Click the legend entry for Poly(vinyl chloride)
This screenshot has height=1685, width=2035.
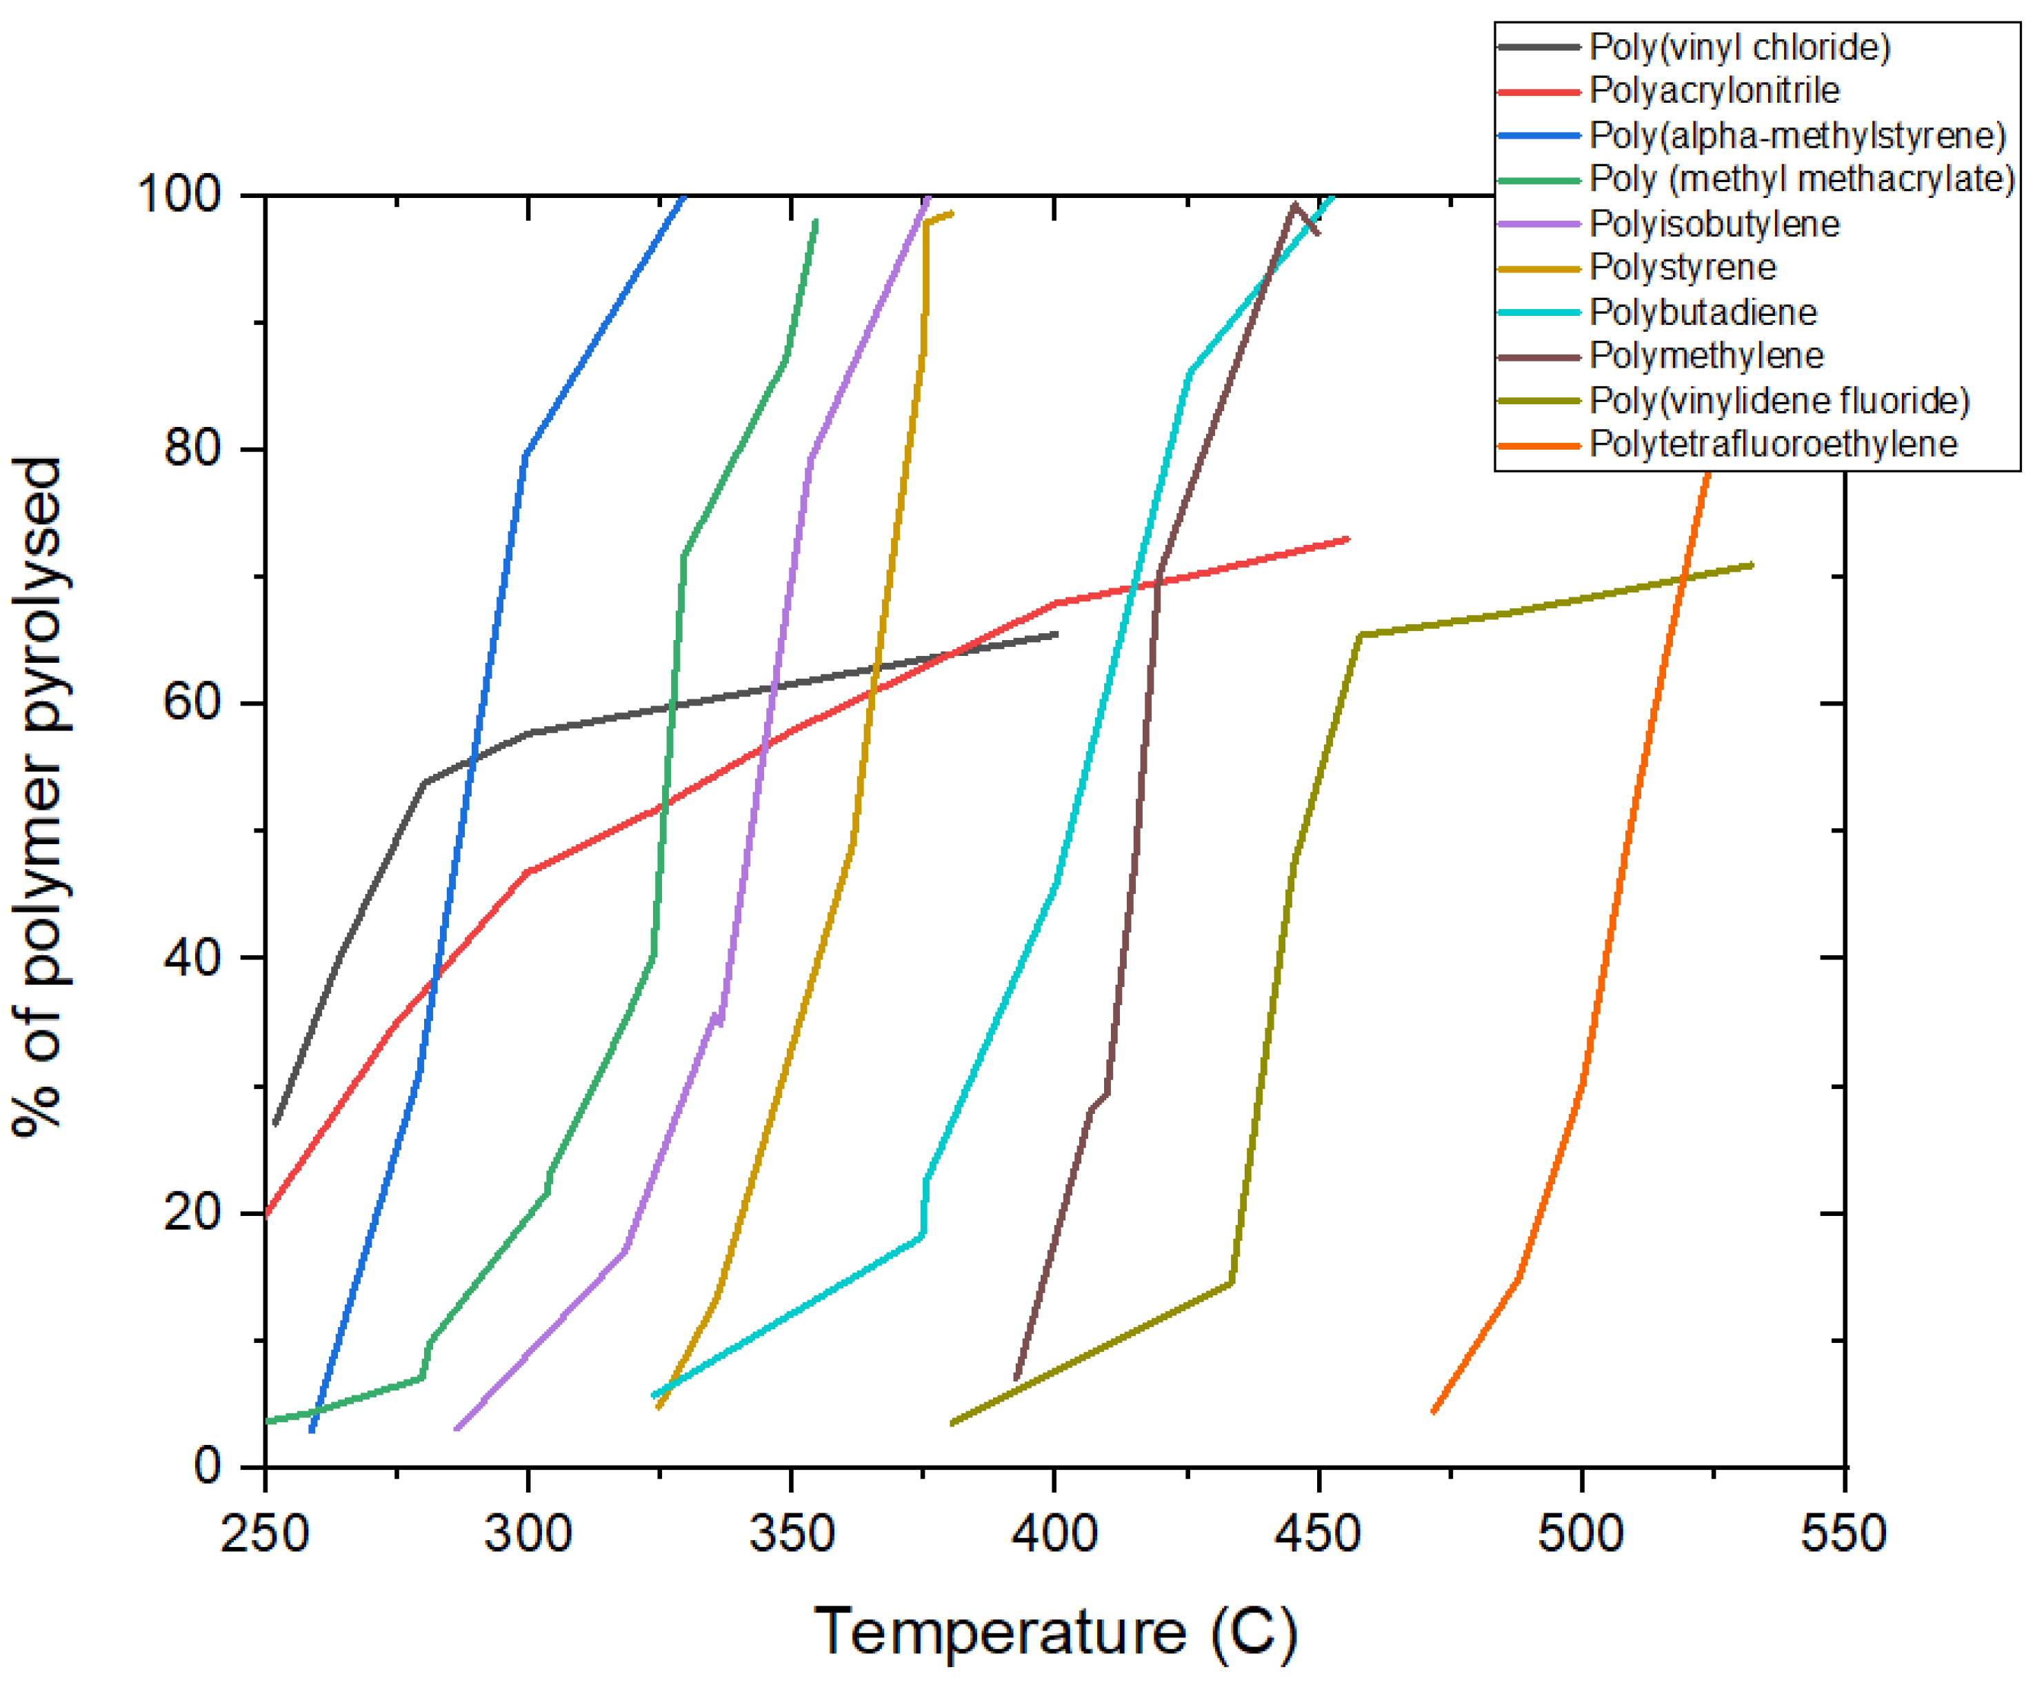pyautogui.click(x=1739, y=46)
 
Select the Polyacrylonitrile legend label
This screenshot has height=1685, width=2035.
pyautogui.click(x=1713, y=90)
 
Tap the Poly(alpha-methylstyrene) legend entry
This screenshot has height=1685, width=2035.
pyautogui.click(x=1796, y=134)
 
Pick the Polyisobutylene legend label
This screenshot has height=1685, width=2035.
pyautogui.click(x=1713, y=224)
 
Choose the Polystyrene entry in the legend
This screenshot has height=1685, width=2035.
pyautogui.click(x=1682, y=267)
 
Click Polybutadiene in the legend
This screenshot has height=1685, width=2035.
pyautogui.click(x=1703, y=312)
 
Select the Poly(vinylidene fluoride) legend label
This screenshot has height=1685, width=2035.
pyautogui.click(x=1779, y=401)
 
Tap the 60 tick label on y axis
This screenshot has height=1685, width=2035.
pyautogui.click(x=193, y=703)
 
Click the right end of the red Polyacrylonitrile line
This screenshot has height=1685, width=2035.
pyautogui.click(x=1347, y=539)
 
